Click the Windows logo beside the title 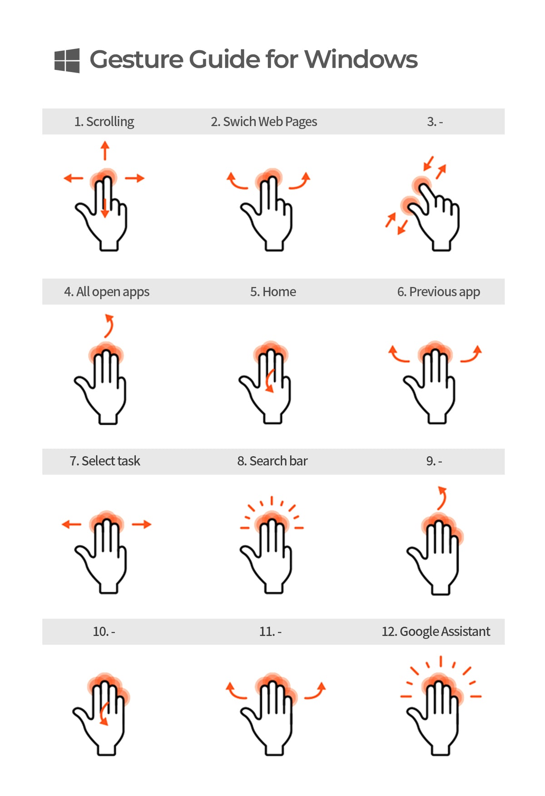coord(67,60)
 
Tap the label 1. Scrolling coord(104,122)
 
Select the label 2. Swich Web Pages coord(264,122)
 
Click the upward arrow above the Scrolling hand coord(105,150)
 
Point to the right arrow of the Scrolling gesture coord(135,178)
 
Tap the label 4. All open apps coord(107,292)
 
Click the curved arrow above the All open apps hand coord(109,325)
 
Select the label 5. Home coord(273,292)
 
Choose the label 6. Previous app coord(438,292)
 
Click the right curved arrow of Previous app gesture coord(471,354)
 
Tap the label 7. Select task coord(105,461)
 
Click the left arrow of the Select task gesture coord(71,525)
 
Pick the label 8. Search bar coord(272,461)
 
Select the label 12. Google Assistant coord(436,632)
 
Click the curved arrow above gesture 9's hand coord(441,498)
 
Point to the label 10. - coord(104,632)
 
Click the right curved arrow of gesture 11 coord(315,691)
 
